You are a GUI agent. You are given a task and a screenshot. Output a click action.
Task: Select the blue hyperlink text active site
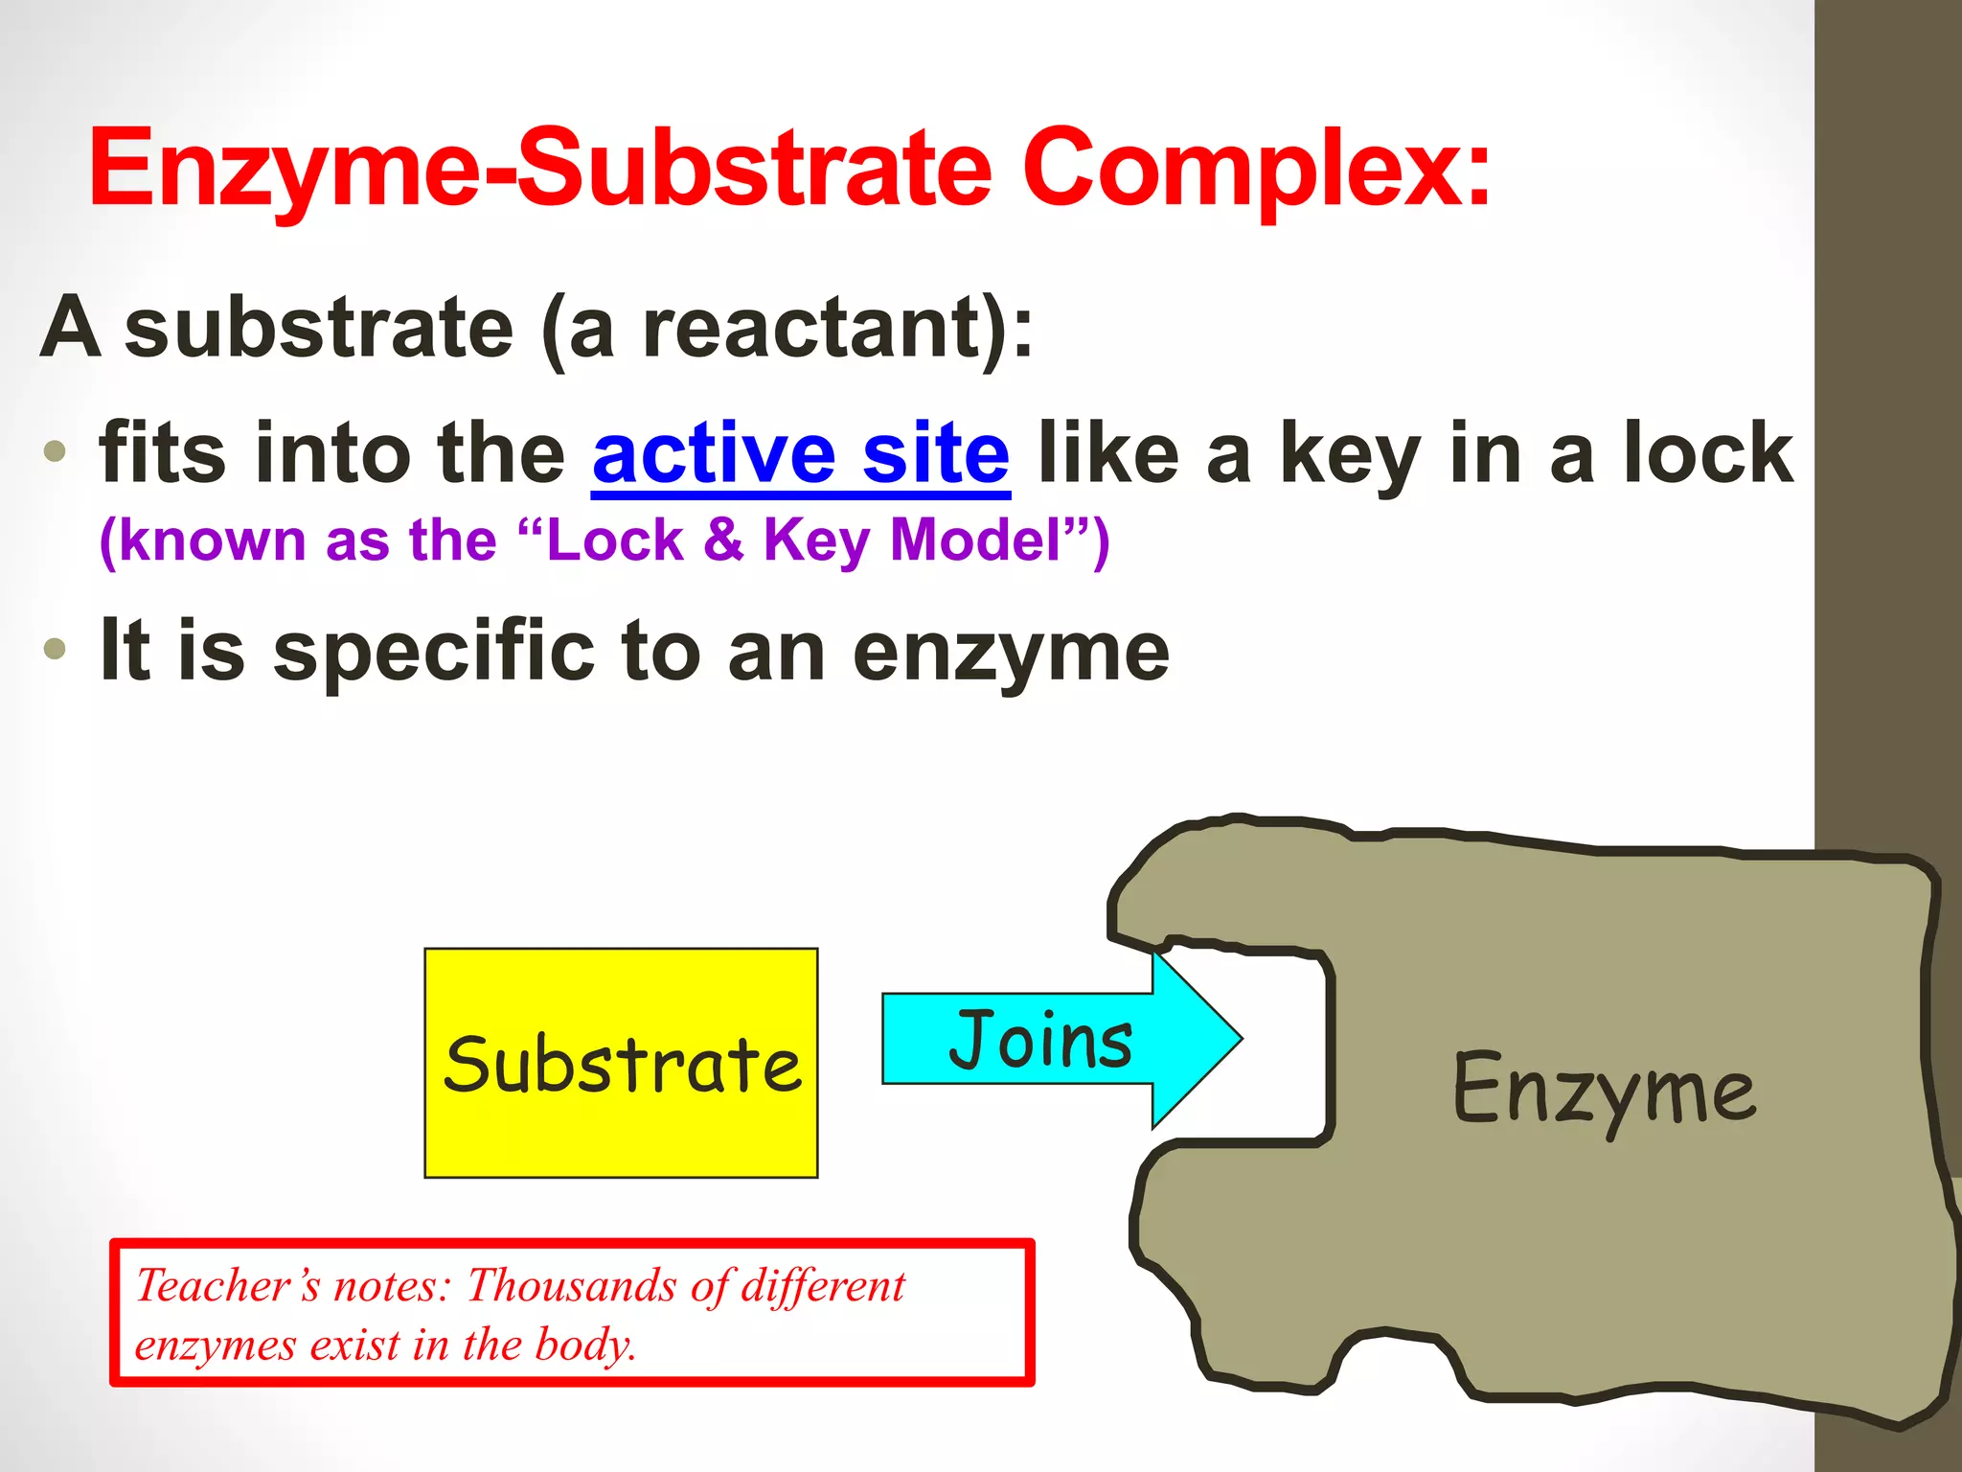pyautogui.click(x=801, y=453)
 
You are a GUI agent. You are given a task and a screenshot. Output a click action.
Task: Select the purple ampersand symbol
pyautogui.click(x=722, y=540)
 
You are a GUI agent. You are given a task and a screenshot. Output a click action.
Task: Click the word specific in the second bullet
pyautogui.click(x=433, y=652)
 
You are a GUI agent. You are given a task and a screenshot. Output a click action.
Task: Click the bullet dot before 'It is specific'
pyautogui.click(x=55, y=649)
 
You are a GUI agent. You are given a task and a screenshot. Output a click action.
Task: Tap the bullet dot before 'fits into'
pyautogui.click(x=55, y=450)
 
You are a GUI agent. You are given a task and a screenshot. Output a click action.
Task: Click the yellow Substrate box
pyautogui.click(x=621, y=1064)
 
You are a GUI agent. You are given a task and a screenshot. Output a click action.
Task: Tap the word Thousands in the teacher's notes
pyautogui.click(x=571, y=1286)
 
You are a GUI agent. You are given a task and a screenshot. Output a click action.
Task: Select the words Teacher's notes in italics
pyautogui.click(x=292, y=1286)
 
